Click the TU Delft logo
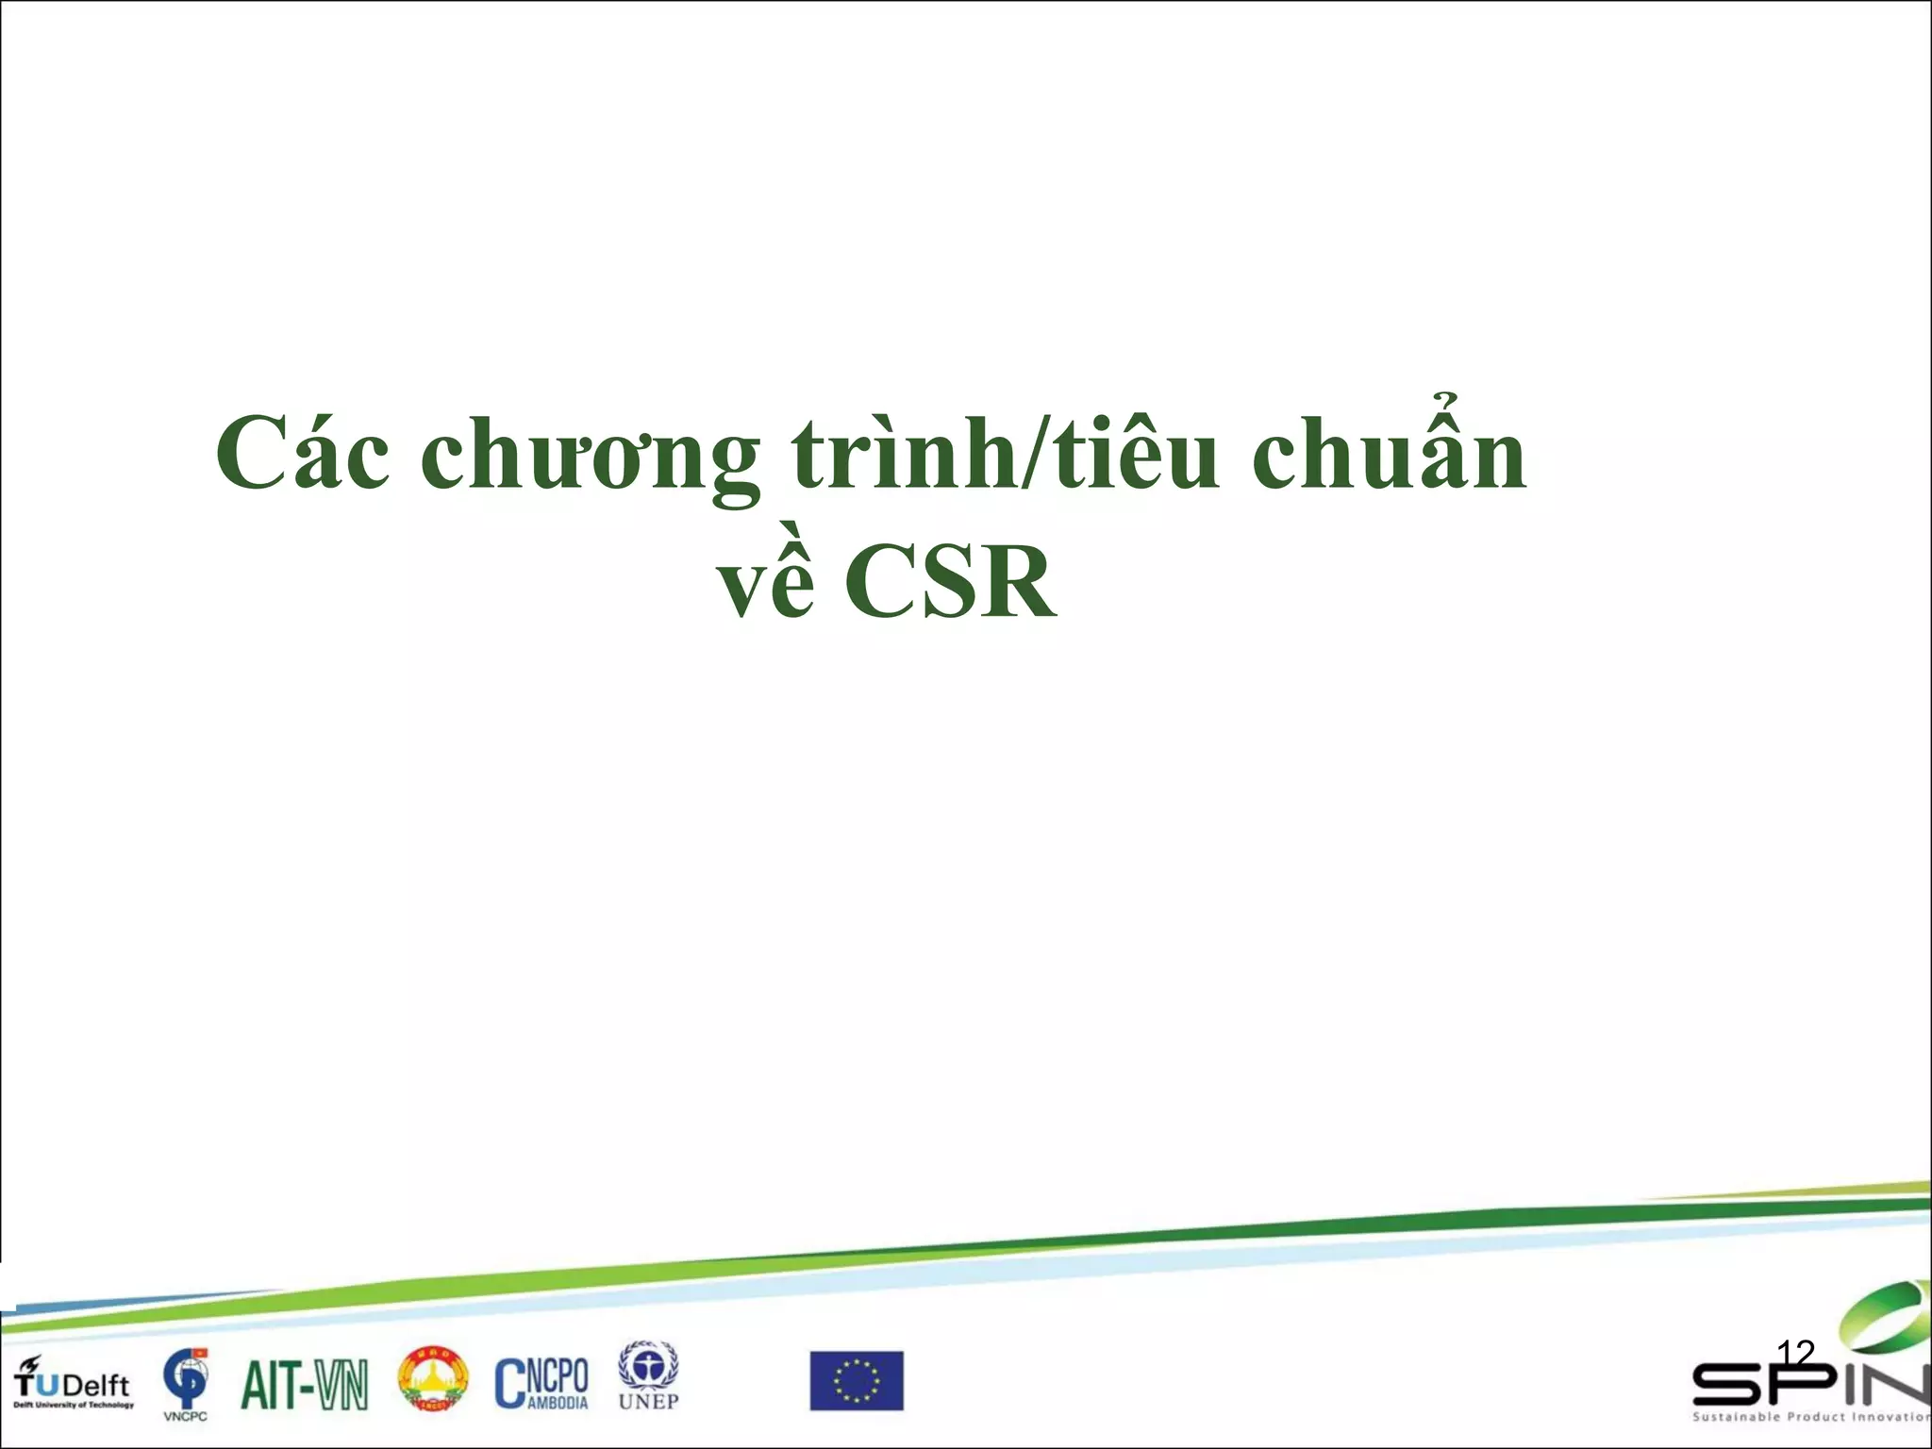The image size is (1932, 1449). click(73, 1382)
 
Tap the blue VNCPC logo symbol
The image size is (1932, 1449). click(185, 1377)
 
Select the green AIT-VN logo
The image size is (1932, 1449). click(304, 1385)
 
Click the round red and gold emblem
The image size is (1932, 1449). click(432, 1379)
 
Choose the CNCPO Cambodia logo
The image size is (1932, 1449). click(541, 1383)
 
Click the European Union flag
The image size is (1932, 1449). click(857, 1381)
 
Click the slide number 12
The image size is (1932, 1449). click(1795, 1353)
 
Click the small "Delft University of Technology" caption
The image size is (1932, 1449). click(74, 1405)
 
